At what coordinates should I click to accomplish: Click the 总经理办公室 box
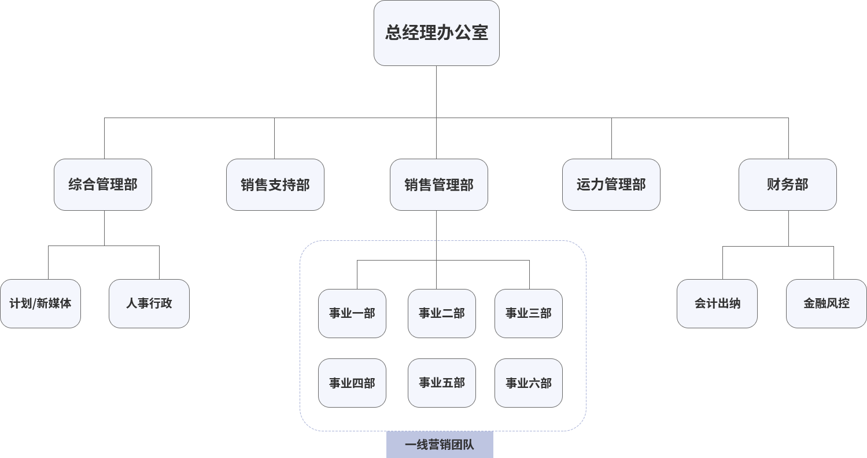pos(437,33)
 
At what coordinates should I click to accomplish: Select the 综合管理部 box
pos(103,185)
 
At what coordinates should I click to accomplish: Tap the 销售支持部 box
pos(275,185)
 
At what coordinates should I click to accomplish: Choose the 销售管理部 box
pos(439,185)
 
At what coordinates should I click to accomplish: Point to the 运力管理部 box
pos(611,185)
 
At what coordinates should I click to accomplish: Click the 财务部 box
pos(788,185)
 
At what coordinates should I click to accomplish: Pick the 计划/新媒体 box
pos(40,303)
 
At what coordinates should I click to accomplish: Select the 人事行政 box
pos(149,303)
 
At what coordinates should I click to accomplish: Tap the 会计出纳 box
pos(717,303)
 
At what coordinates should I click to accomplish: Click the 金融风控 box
pos(827,303)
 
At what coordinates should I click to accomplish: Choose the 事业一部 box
pos(352,313)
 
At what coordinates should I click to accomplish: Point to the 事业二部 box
pos(442,313)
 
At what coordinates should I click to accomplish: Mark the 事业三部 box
pos(529,313)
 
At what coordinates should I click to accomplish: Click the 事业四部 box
pos(352,383)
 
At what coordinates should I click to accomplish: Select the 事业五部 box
pos(442,383)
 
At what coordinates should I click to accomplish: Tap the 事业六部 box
pos(529,383)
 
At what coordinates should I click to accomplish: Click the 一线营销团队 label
pos(440,445)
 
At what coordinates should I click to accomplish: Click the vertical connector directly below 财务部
pos(788,228)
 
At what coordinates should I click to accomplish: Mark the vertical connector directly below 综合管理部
pos(104,228)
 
